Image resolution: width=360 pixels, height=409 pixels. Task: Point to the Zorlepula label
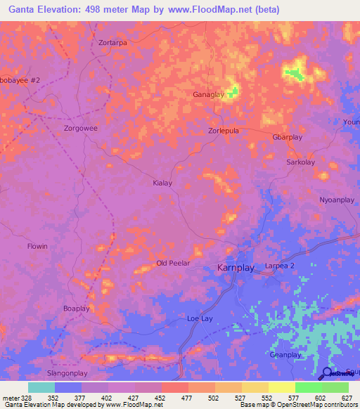click(224, 131)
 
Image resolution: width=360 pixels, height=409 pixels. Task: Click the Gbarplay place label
click(287, 137)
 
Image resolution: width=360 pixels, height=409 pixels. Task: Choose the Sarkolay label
click(300, 162)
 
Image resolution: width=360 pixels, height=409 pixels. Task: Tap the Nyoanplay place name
click(337, 200)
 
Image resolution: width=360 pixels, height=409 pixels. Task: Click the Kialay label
click(162, 183)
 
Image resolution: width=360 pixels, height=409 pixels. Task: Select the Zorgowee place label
click(81, 129)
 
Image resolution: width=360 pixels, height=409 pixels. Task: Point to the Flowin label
click(37, 247)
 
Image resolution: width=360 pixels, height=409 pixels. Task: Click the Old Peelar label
click(171, 264)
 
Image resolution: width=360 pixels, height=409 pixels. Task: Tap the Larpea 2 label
click(280, 265)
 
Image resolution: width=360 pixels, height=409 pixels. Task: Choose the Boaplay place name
click(77, 309)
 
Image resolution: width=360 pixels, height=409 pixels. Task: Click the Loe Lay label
click(200, 318)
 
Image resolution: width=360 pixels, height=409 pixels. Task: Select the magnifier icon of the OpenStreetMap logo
click(326, 372)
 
